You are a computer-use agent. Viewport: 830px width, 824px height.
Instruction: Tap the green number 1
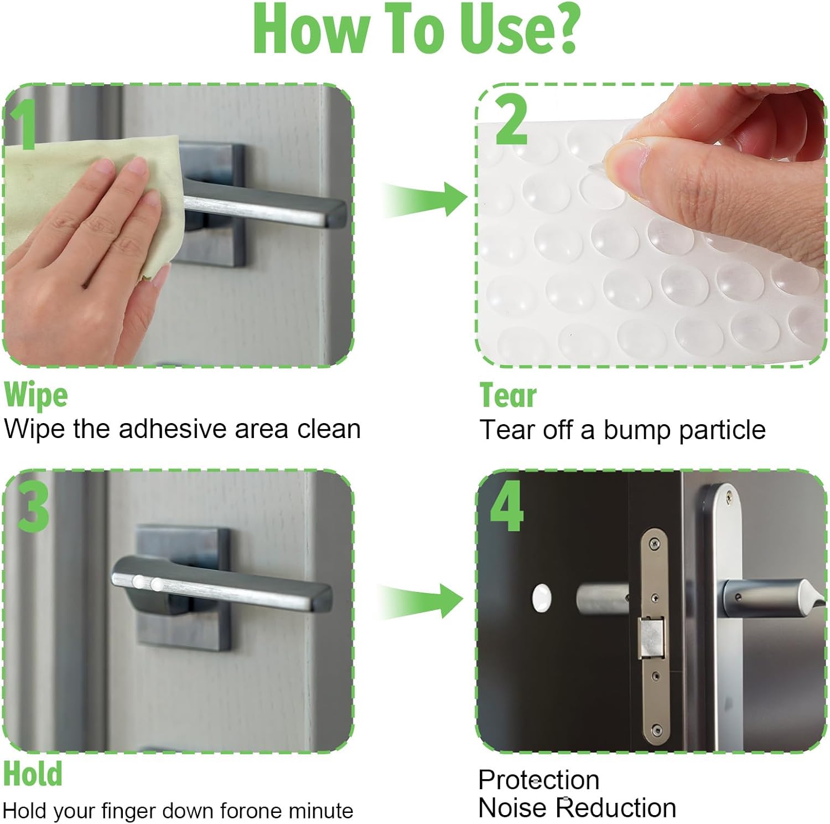click(x=23, y=125)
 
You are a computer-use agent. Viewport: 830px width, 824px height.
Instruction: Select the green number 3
click(x=33, y=506)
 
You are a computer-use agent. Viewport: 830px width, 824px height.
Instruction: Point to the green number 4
click(x=506, y=506)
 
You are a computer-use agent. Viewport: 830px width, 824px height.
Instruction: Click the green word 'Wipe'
click(x=36, y=395)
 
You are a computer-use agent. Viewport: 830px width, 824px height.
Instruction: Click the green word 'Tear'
click(x=508, y=395)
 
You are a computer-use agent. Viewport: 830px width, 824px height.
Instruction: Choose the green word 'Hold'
click(x=33, y=774)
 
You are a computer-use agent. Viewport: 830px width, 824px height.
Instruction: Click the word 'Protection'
click(x=538, y=780)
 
